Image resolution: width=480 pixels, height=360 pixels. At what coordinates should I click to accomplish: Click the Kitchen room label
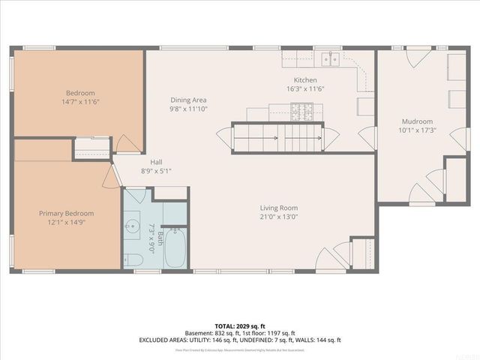305,80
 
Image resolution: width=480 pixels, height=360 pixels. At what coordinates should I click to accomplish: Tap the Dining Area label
188,100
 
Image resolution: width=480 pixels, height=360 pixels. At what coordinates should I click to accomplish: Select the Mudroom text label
417,121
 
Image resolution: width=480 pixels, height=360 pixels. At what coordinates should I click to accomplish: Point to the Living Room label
279,208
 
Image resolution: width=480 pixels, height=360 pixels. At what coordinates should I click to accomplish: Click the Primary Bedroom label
66,214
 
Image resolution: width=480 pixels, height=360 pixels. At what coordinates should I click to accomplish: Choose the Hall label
156,161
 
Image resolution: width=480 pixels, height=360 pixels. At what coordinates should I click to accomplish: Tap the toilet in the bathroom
133,260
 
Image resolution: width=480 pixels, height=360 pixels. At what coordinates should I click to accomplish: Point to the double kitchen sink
328,58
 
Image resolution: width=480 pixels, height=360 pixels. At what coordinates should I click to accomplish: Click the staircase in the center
277,138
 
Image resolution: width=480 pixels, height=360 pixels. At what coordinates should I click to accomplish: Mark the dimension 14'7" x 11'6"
79,102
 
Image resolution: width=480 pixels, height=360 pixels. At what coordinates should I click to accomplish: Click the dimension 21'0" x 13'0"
279,217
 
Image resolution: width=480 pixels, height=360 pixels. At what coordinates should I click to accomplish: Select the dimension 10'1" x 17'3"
417,130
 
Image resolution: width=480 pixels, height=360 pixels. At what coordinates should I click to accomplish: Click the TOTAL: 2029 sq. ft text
239,325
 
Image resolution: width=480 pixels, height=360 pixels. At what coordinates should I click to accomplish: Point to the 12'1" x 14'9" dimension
66,223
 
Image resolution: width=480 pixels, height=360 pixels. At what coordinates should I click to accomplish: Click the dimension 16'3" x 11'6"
305,89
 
